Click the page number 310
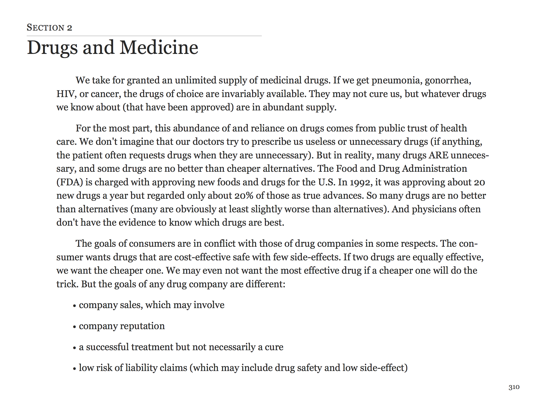tap(514, 387)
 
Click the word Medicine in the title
tap(159, 48)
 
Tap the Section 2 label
tap(49, 27)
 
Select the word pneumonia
tap(396, 80)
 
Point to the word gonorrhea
tap(448, 80)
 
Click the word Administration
tap(434, 169)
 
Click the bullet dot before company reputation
tap(74, 327)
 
